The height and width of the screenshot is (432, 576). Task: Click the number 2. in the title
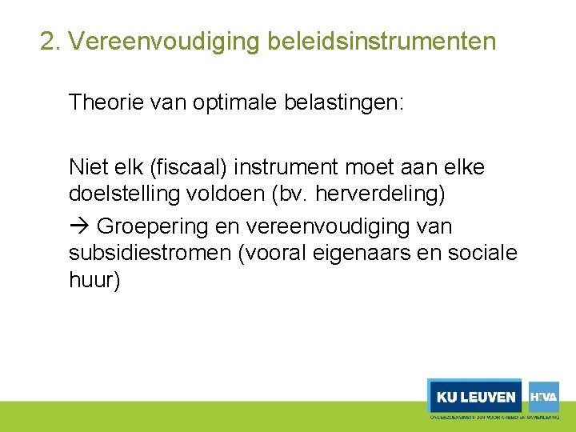coord(51,41)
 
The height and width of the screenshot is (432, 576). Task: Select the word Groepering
coord(152,226)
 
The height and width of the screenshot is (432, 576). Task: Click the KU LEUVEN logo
coord(475,397)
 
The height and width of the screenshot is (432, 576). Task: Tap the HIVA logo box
coord(543,397)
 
